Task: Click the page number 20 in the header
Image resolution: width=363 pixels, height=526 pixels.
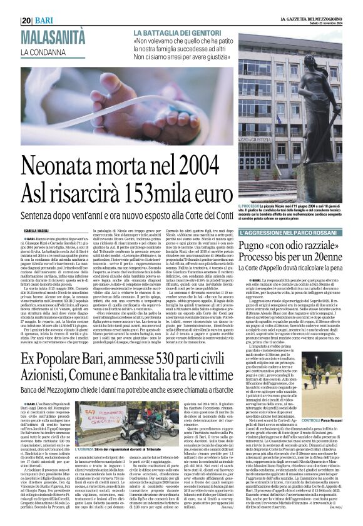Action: pos(27,5)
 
